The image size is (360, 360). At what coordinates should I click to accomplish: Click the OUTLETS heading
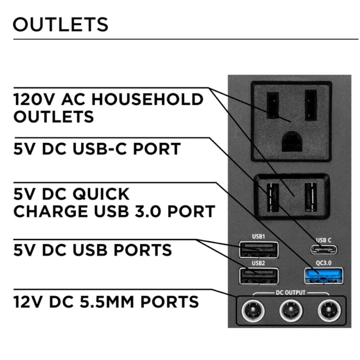pos(60,24)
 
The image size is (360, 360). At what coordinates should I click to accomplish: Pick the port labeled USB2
pos(258,276)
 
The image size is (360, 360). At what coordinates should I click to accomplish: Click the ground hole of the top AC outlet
pos(291,142)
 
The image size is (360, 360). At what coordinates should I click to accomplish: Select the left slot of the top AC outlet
pos(273,105)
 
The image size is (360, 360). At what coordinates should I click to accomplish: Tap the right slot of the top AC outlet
pos(311,105)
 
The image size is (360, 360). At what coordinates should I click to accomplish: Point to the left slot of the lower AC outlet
pos(273,197)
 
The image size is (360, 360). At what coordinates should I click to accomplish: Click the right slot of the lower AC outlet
pos(311,197)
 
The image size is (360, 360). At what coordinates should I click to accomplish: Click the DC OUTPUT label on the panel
pos(290,292)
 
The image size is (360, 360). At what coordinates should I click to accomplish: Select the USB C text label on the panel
pos(323,240)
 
